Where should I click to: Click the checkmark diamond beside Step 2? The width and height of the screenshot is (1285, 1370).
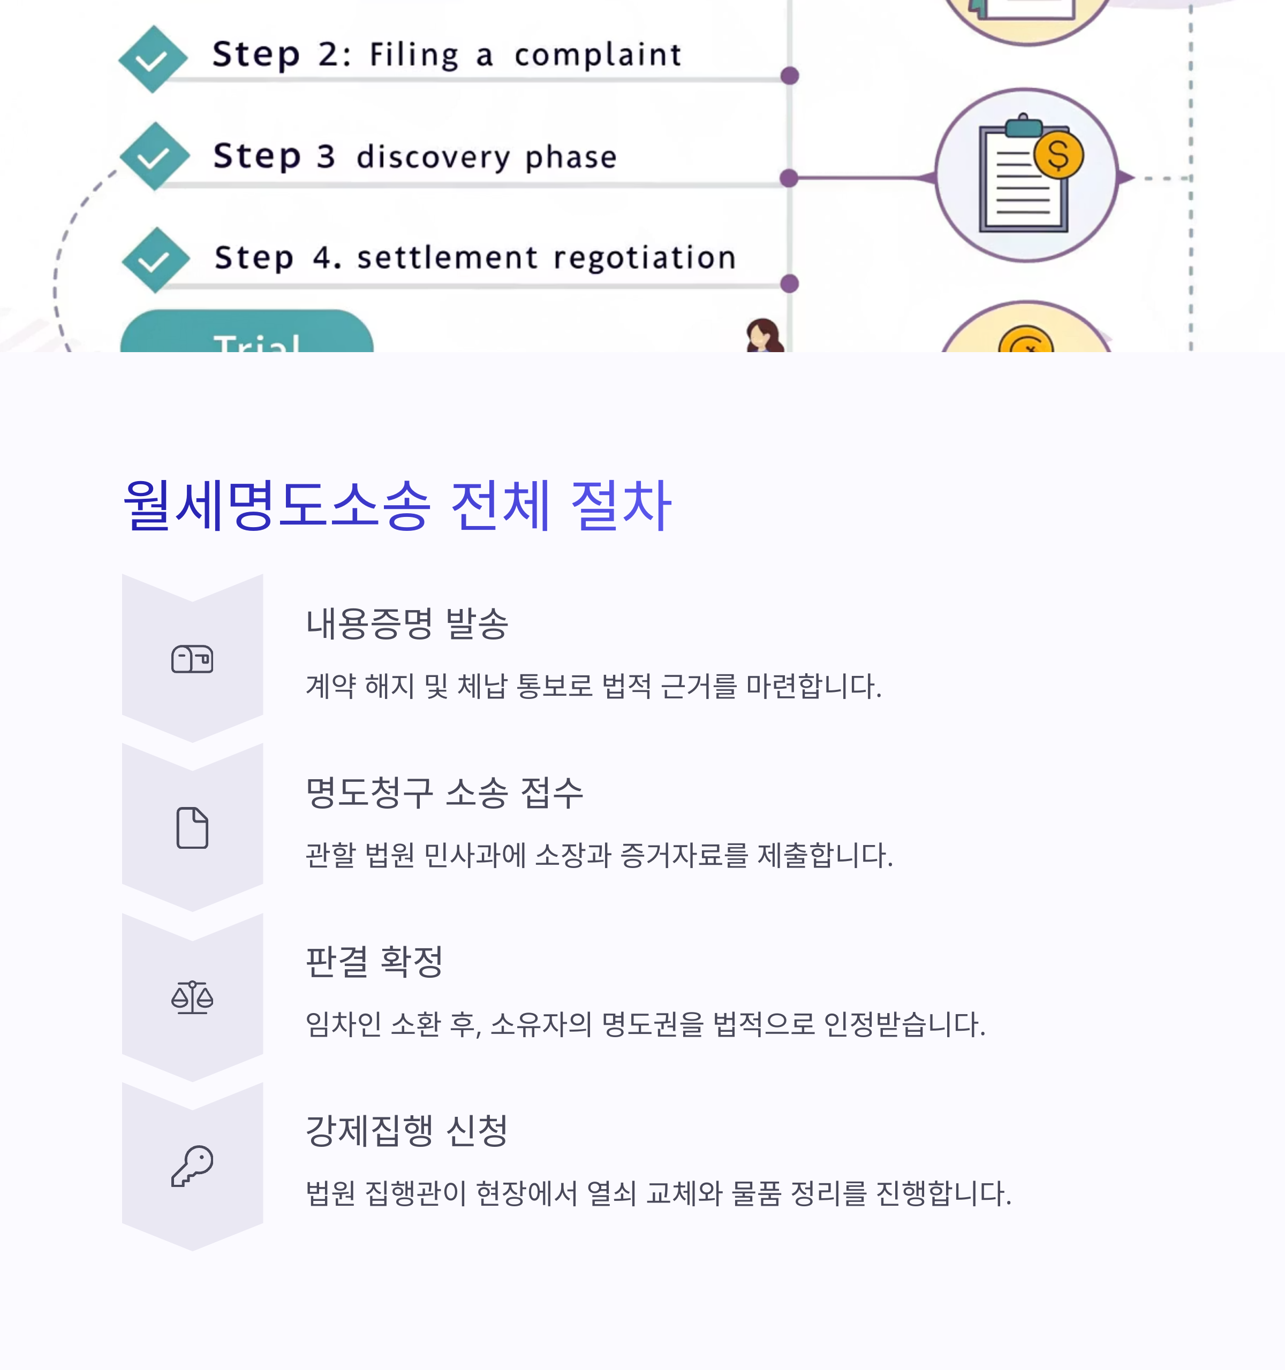pyautogui.click(x=153, y=59)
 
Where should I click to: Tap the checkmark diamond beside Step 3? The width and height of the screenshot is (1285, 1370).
pyautogui.click(x=154, y=156)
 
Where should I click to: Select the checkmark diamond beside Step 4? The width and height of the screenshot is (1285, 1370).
pyautogui.click(x=155, y=260)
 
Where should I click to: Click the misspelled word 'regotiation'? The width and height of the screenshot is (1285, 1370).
pyautogui.click(x=645, y=258)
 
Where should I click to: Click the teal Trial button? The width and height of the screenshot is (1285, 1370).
pyautogui.click(x=247, y=335)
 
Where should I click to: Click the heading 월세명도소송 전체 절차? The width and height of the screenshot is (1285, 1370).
pyautogui.click(x=396, y=505)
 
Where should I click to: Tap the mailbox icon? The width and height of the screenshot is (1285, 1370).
pyautogui.click(x=192, y=659)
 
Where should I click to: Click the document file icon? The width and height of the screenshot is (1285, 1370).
pyautogui.click(x=192, y=828)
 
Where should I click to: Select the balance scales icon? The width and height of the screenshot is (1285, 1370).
pyautogui.click(x=192, y=997)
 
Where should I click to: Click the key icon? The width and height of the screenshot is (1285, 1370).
pyautogui.click(x=192, y=1166)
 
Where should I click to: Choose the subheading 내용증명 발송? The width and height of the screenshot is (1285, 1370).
pyautogui.click(x=407, y=623)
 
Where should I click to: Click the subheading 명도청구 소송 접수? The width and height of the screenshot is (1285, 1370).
pyautogui.click(x=444, y=793)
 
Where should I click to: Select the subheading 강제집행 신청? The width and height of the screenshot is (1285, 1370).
pyautogui.click(x=407, y=1130)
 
